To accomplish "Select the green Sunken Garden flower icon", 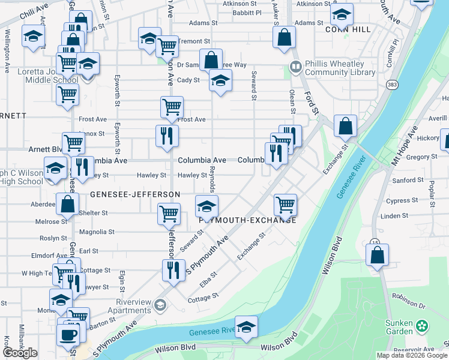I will [423, 326].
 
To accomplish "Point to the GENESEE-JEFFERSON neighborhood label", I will [135, 195].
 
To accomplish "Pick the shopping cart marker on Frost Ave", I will [172, 107].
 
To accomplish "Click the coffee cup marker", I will [68, 334].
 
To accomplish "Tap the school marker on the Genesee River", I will [246, 328].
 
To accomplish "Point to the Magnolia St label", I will [97, 232].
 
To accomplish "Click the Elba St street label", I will [209, 279].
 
